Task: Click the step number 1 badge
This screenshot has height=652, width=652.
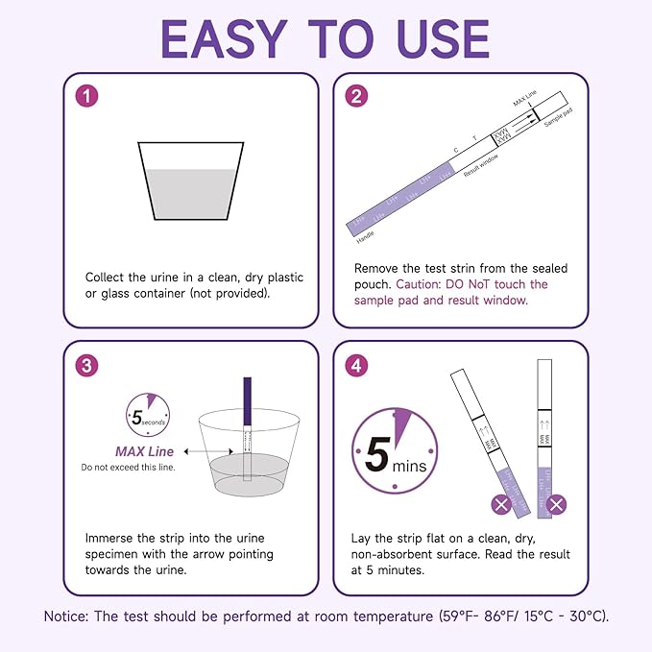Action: click(88, 97)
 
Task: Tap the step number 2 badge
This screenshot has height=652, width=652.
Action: click(357, 97)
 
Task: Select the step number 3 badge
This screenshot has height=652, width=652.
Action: click(88, 365)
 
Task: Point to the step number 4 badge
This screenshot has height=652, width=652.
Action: click(357, 365)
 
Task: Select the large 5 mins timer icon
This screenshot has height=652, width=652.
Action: click(393, 451)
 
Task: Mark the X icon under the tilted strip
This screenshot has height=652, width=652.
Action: click(500, 504)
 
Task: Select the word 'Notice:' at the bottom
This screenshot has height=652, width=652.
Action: click(68, 616)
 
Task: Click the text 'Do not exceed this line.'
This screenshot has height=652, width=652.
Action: click(127, 468)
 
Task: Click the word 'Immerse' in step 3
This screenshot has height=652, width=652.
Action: click(111, 538)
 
